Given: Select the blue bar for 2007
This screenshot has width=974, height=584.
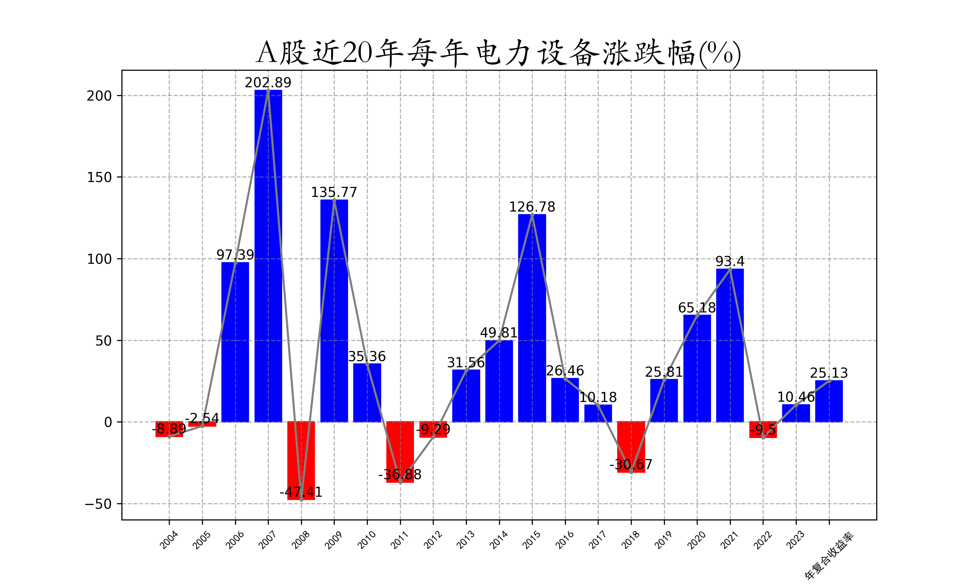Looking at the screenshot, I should pos(268,256).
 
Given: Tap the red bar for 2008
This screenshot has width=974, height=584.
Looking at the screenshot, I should pos(301,460).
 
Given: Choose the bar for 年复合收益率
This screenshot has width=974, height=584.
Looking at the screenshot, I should pos(829,401).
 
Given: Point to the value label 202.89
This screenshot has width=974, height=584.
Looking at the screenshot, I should pos(268,83).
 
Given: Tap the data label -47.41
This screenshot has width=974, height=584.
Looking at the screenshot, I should pos(301,492).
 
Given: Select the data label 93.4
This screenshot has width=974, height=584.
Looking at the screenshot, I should pos(730,261).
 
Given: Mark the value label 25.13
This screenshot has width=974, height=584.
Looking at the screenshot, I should pos(829,373).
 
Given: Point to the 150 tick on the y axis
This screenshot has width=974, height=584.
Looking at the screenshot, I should pos(99,177).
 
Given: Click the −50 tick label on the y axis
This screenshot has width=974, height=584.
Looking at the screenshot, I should pos(98,504).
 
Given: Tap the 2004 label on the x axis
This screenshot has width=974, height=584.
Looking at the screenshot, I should pos(169,540).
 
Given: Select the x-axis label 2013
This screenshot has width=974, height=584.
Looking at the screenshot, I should pos(466,540).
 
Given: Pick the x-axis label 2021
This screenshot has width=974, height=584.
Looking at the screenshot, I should pos(730,540).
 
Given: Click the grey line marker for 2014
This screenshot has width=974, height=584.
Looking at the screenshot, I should pos(499,341).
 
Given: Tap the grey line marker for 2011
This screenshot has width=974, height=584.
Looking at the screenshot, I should pos(400,482).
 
